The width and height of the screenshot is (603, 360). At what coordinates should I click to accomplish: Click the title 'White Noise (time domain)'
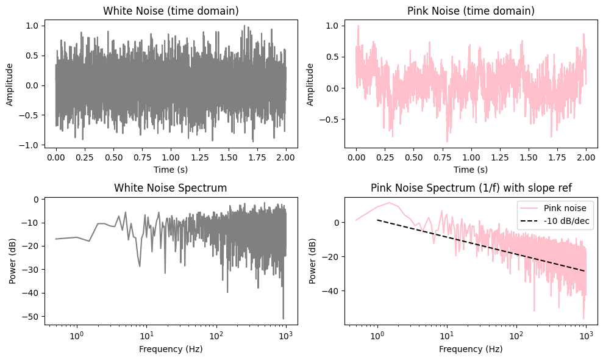coord(171,11)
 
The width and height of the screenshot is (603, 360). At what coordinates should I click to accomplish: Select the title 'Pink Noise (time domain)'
coord(471,11)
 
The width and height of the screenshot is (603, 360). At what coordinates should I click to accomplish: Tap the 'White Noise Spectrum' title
coord(171,188)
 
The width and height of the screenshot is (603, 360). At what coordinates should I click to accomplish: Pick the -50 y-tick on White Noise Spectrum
coord(29,317)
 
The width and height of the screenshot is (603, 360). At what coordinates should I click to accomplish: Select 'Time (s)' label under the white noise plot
coord(171,169)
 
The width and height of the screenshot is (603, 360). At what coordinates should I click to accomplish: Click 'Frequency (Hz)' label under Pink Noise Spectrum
coord(471,349)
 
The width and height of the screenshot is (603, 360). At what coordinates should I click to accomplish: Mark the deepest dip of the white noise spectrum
coord(284,318)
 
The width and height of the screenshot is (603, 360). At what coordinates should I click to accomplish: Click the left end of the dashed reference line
coord(377,220)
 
